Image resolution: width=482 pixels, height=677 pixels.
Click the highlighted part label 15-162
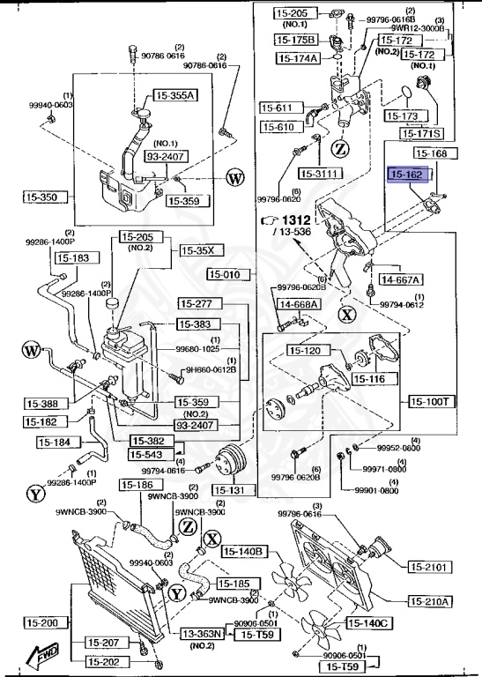(x=408, y=175)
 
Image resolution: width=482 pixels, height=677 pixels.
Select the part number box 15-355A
(x=176, y=95)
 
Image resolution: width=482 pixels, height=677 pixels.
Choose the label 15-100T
(x=431, y=401)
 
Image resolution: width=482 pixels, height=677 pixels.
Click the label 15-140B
(x=244, y=551)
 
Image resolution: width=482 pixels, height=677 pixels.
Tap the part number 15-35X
(x=197, y=250)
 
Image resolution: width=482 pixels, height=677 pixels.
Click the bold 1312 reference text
(x=298, y=219)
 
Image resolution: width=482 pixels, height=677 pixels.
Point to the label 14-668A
(x=300, y=304)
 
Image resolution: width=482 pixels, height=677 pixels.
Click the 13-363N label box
(x=203, y=633)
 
